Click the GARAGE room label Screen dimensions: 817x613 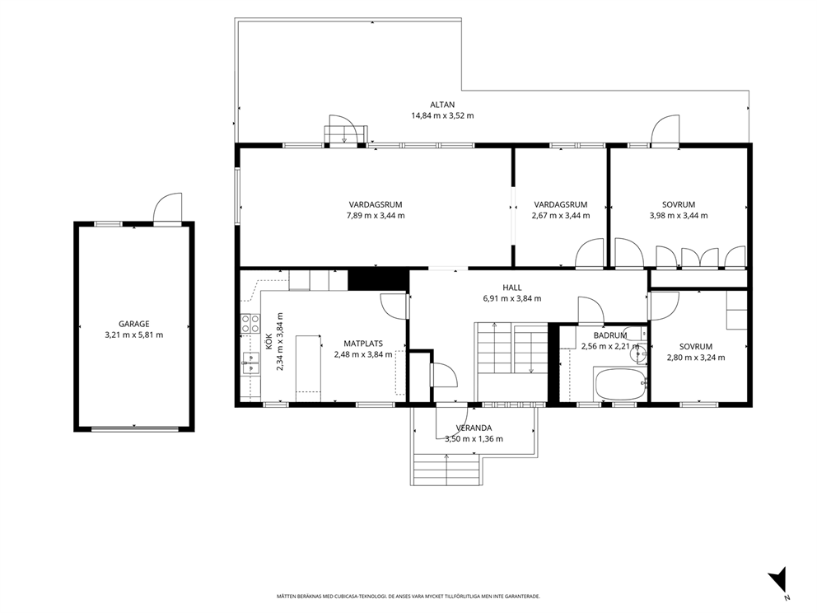pos(134,324)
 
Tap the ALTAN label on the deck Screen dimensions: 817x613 pos(442,105)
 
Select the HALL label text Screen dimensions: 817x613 pos(512,288)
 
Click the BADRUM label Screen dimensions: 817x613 pos(610,335)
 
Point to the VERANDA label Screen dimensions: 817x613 pos(474,428)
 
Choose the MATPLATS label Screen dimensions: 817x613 pos(363,344)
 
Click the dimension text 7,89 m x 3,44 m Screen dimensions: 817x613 pos(376,215)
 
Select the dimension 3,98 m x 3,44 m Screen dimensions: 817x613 pos(679,215)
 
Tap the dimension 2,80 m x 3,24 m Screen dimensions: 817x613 pos(696,358)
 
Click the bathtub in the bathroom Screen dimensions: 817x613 pos(620,384)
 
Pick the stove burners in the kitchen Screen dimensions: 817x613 pos(250,323)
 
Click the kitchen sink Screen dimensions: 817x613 pos(250,363)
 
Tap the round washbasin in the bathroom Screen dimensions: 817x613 pos(637,354)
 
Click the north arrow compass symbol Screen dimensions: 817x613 pos(778,579)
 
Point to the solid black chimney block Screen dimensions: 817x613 pos(378,279)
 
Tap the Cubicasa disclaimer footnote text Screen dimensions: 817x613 pos(408,596)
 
